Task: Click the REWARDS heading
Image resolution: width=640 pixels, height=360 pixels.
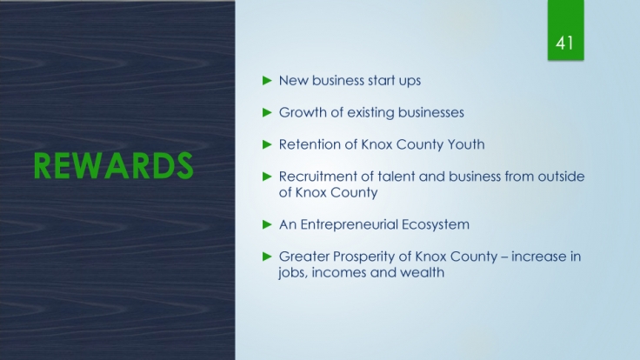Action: click(x=113, y=166)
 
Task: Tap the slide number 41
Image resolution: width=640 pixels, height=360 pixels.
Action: click(x=564, y=43)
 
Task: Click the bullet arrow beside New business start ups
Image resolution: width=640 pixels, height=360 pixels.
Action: click(x=267, y=80)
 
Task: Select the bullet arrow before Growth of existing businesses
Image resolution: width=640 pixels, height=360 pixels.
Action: click(x=267, y=112)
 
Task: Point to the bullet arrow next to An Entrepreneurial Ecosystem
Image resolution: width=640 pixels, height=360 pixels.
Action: click(x=267, y=224)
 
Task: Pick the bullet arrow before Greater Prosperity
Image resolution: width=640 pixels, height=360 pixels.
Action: click(x=267, y=257)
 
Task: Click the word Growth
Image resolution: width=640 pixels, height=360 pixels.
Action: click(x=303, y=112)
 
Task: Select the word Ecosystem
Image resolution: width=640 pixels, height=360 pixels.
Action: click(x=436, y=225)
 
